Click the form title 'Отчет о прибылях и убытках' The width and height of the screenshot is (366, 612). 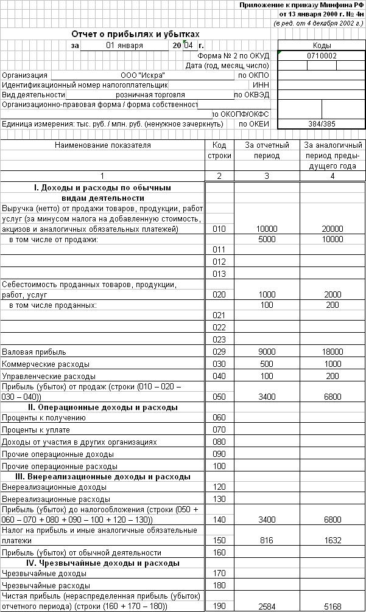coord(135,35)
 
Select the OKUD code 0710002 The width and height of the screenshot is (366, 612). coord(322,55)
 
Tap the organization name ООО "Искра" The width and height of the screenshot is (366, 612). coord(143,75)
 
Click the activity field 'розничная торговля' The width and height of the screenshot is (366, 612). coord(150,95)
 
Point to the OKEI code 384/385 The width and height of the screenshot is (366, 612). coord(322,124)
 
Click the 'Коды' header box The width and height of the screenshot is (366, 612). coord(322,46)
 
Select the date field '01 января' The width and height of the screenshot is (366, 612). coord(124,46)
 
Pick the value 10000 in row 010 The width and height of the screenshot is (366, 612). coord(266,229)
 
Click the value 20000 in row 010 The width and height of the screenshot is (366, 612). coord(332,229)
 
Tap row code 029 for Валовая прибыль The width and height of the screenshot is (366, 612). coord(220,352)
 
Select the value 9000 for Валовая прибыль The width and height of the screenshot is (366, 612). coord(266,352)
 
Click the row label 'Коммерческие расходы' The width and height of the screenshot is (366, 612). coord(46,364)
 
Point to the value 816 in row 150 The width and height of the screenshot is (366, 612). coord(266,540)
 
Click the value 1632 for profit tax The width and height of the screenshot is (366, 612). coord(332,540)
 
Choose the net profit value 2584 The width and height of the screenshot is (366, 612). coord(266,607)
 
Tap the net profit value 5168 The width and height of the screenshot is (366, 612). coord(332,607)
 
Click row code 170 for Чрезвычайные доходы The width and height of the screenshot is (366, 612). coord(220,573)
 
